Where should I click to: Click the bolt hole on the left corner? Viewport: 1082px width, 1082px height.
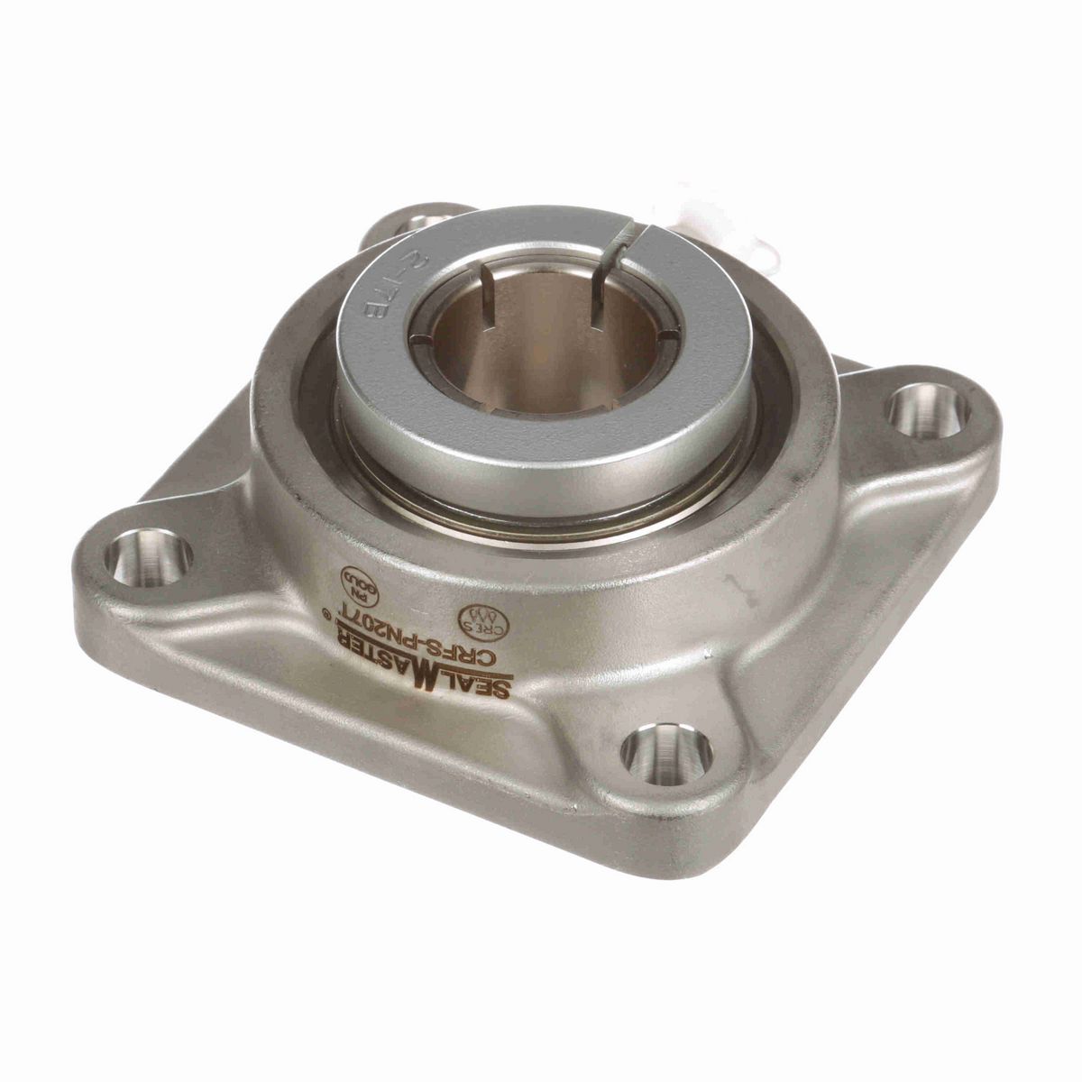[148, 557]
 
